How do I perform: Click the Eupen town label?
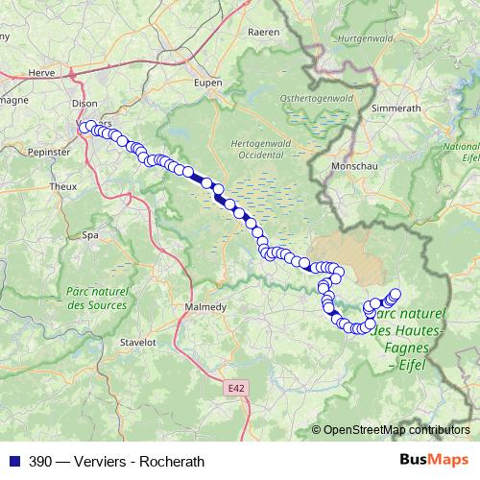click(x=207, y=83)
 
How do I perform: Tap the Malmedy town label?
click(x=204, y=307)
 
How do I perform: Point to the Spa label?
click(x=91, y=234)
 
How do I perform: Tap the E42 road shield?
click(x=236, y=387)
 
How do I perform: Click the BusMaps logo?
click(x=438, y=460)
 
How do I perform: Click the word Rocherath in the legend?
click(x=172, y=461)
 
